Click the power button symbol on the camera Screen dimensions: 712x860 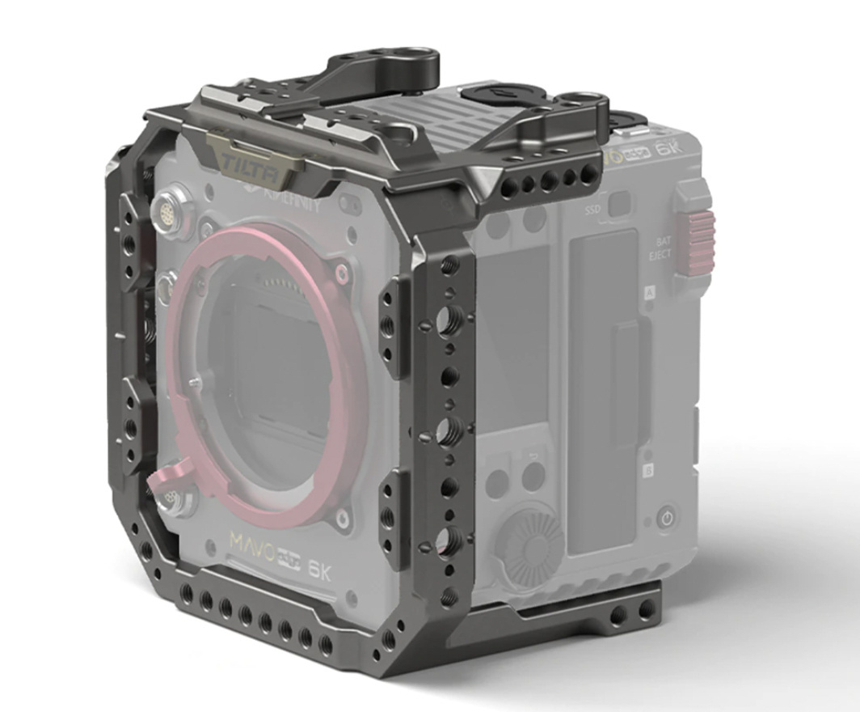666,519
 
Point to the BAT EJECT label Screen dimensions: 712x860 660,248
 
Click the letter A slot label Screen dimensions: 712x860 648,295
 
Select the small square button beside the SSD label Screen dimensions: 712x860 620,206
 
